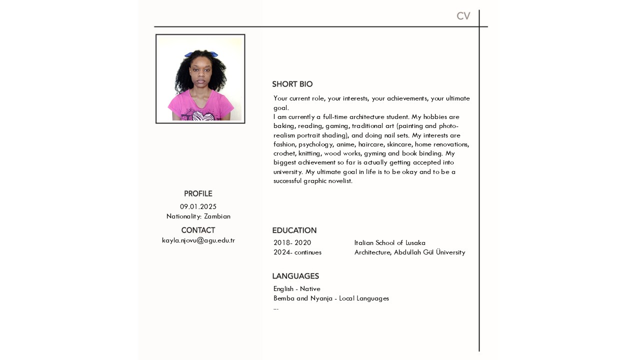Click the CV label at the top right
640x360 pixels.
click(x=463, y=16)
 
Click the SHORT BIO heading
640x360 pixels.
click(x=292, y=84)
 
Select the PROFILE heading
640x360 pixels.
click(x=198, y=194)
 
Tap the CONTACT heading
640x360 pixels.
click(x=198, y=230)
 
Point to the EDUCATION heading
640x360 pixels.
click(x=294, y=230)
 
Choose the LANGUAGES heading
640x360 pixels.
click(x=295, y=276)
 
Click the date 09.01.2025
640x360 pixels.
click(x=198, y=206)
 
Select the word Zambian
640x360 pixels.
click(x=217, y=216)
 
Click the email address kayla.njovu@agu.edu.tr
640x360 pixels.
click(x=198, y=240)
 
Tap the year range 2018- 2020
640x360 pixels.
click(x=292, y=243)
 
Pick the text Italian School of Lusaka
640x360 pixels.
click(x=389, y=243)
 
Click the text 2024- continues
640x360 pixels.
click(x=297, y=252)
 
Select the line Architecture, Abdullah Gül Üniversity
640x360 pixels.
click(x=409, y=252)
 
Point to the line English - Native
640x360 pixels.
click(x=296, y=289)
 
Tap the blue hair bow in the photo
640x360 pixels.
click(x=201, y=54)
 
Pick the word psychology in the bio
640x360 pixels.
click(x=315, y=144)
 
